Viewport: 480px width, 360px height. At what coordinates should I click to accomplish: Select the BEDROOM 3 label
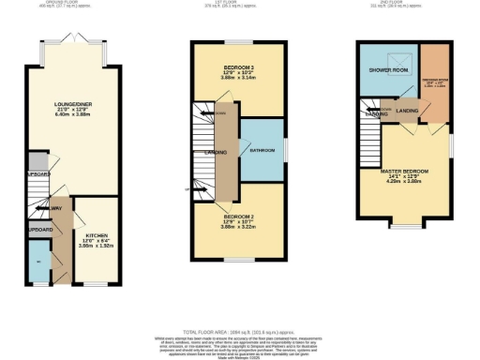click(x=238, y=67)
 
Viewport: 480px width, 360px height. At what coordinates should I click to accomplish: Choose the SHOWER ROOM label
click(x=386, y=70)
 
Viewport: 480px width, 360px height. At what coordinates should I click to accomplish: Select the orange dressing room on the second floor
click(x=434, y=75)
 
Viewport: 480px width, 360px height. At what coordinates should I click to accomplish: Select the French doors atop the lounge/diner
click(x=71, y=38)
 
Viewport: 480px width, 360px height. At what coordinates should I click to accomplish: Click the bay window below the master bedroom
click(x=404, y=226)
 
